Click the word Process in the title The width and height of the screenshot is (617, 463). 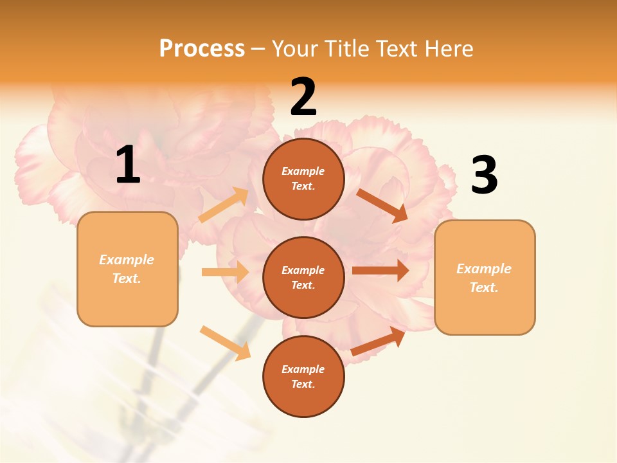click(202, 48)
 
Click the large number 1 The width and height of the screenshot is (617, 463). click(128, 165)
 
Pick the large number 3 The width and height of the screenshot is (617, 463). click(484, 175)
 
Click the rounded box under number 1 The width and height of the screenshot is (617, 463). click(127, 269)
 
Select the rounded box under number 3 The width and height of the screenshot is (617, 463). click(485, 277)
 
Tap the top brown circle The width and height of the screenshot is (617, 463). click(303, 179)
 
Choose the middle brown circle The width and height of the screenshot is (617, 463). click(303, 277)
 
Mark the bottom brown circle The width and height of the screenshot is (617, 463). click(303, 376)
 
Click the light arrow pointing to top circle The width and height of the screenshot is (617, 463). click(224, 205)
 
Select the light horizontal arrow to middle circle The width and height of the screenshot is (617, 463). click(225, 272)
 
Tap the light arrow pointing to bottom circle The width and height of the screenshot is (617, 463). click(226, 343)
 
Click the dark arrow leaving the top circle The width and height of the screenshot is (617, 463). click(382, 205)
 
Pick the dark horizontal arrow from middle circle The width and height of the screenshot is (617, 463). click(380, 270)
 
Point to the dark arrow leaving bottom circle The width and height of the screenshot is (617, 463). click(379, 341)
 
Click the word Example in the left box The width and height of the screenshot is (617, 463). click(127, 260)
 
